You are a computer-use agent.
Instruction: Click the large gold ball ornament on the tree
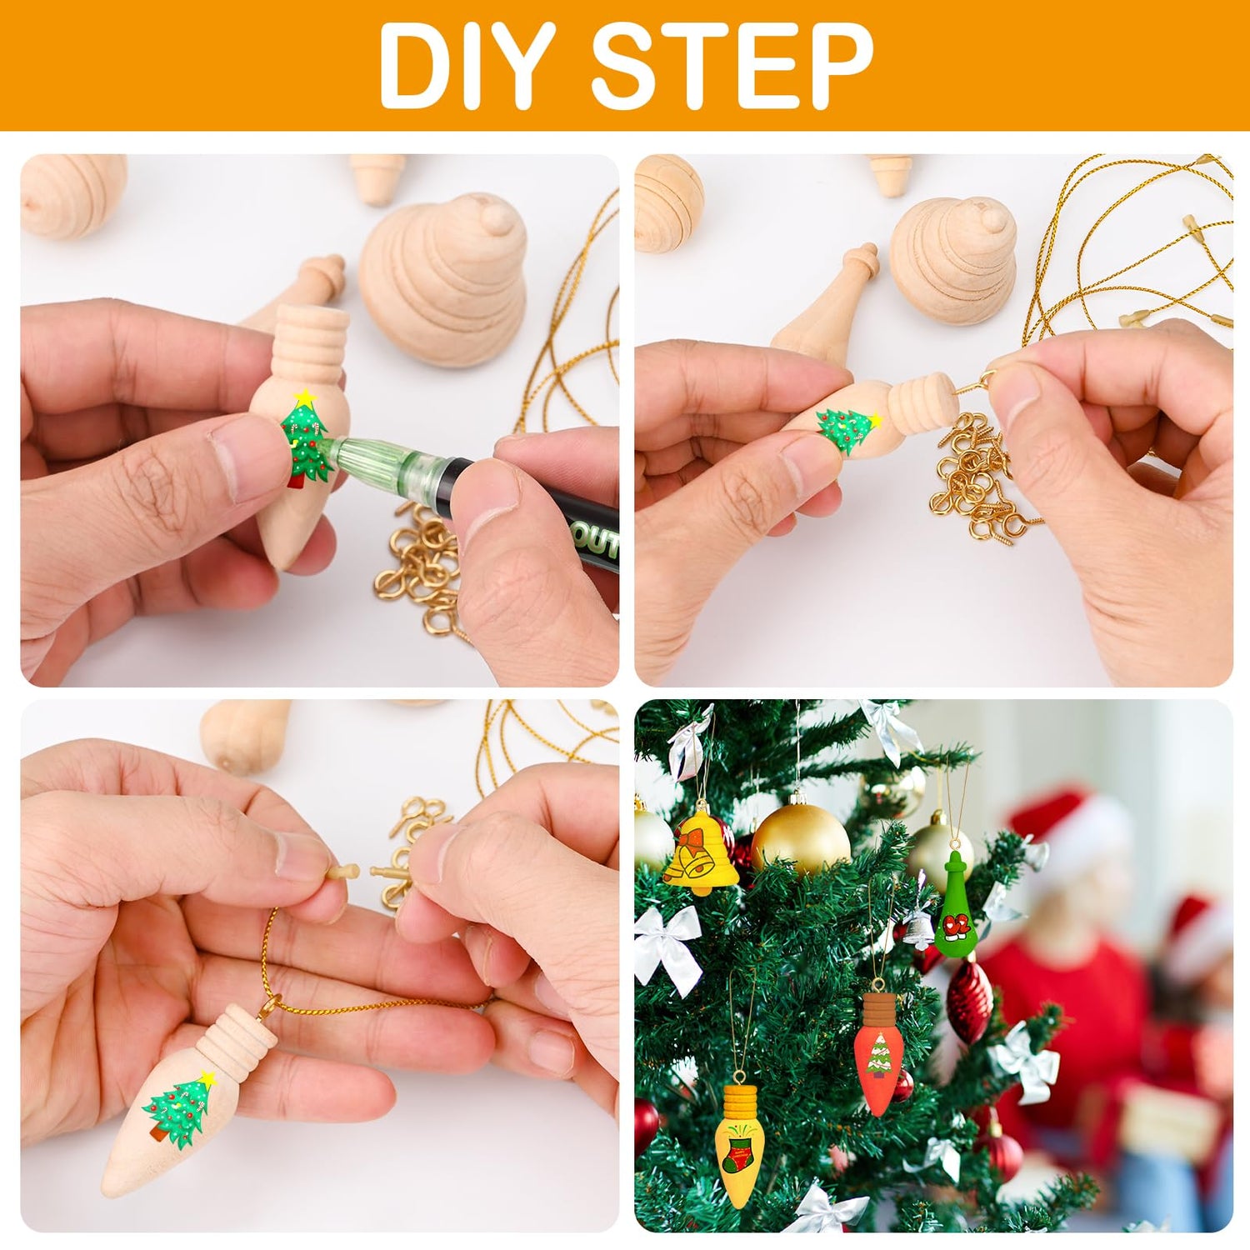[x=800, y=837]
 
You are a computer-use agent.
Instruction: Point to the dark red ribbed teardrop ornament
[x=969, y=1000]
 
